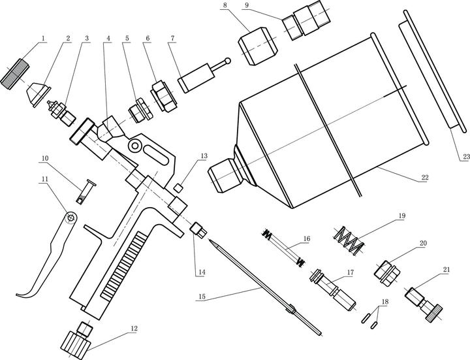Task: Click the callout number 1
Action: click(43, 39)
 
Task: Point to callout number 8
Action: click(226, 6)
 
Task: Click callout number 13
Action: click(204, 156)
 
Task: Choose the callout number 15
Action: click(202, 297)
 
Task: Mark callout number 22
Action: click(424, 177)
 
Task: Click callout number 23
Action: click(465, 157)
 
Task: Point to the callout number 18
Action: click(385, 303)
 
